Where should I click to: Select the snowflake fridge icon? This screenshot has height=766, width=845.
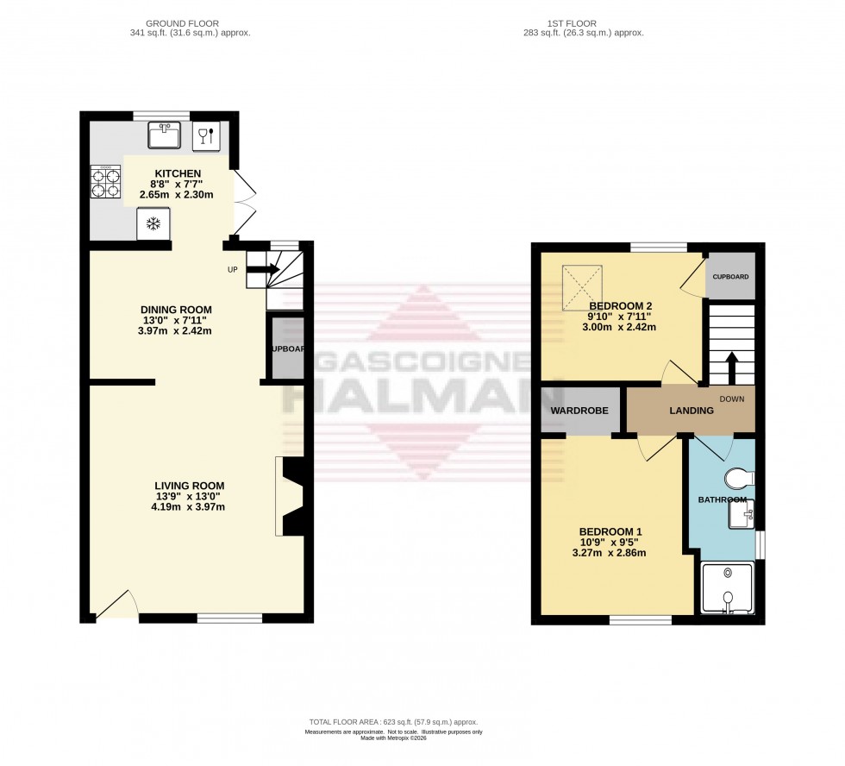(153, 224)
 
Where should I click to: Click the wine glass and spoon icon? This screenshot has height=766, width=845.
(206, 135)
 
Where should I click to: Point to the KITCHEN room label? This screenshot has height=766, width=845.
(178, 173)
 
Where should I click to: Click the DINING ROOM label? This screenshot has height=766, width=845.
(176, 310)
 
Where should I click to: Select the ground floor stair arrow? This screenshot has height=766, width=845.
(262, 270)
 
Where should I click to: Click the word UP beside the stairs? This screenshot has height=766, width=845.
(233, 270)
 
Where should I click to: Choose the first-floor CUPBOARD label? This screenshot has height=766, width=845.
(730, 276)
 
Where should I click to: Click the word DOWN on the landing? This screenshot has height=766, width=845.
(731, 399)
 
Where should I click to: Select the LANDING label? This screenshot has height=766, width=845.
(692, 411)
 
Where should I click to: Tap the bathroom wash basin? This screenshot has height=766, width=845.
(742, 514)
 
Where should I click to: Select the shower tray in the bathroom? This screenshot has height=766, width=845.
(729, 588)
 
